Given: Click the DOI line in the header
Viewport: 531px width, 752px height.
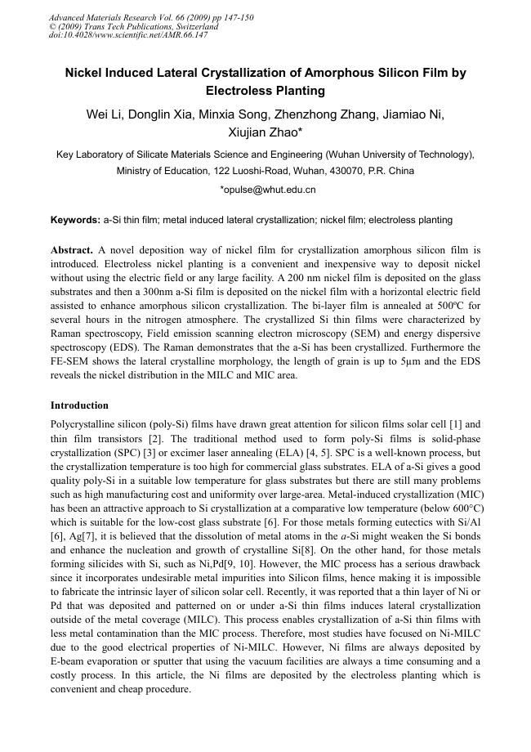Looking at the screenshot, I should (129, 35).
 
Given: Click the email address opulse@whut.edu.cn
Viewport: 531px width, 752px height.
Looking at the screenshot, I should (269, 190).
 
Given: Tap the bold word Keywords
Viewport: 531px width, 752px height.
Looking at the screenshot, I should (75, 220).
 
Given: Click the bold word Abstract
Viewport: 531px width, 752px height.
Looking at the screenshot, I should (71, 249).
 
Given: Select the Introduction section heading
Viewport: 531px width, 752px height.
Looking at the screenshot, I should (79, 405).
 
